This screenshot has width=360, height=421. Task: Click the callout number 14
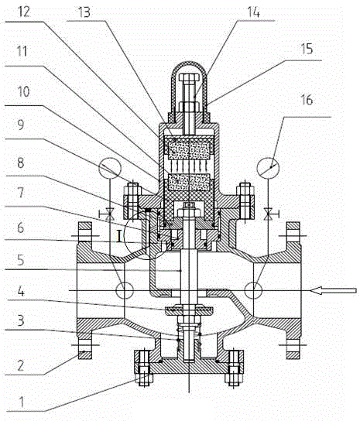pyautogui.click(x=253, y=12)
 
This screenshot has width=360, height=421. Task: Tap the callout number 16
pyautogui.click(x=307, y=100)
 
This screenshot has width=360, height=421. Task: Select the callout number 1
pyautogui.click(x=22, y=402)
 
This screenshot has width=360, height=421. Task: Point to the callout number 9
pyautogui.click(x=21, y=125)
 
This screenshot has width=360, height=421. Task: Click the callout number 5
pyautogui.click(x=21, y=260)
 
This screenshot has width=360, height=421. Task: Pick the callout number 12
pyautogui.click(x=24, y=12)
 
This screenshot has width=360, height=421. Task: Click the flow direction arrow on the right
pyautogui.click(x=333, y=290)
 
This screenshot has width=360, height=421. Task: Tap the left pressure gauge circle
pyautogui.click(x=110, y=168)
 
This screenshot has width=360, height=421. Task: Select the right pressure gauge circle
pyautogui.click(x=268, y=168)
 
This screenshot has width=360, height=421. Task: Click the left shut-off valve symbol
pyautogui.click(x=109, y=215)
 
